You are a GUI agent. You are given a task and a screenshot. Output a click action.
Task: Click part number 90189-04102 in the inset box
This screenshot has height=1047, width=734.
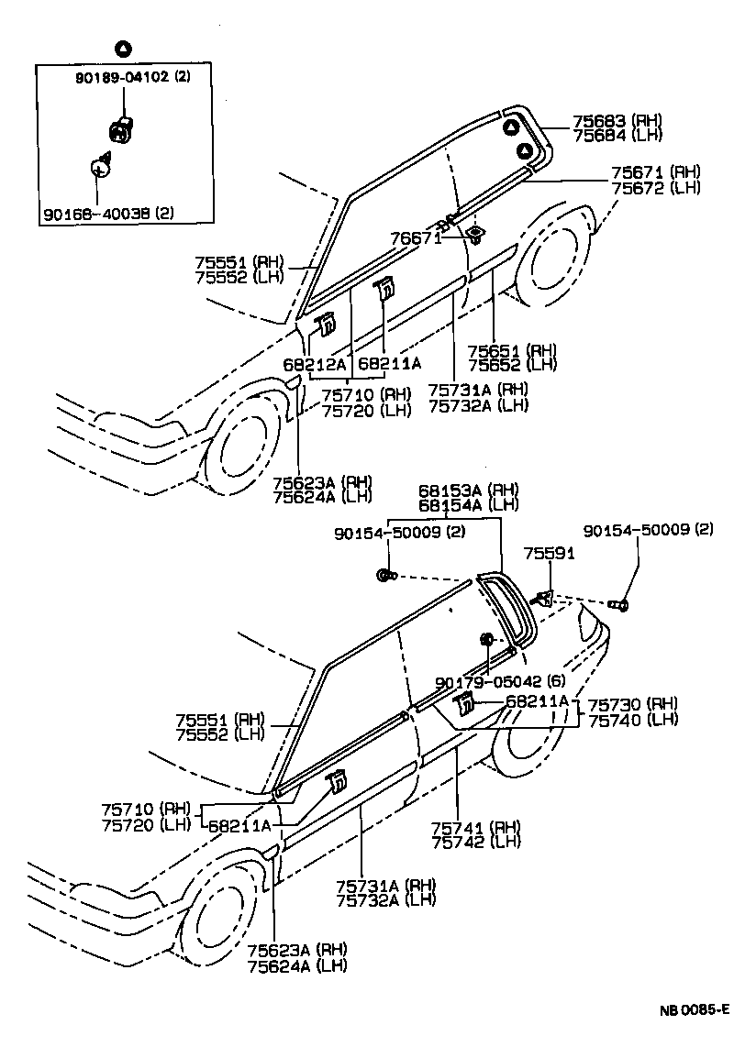point(123,78)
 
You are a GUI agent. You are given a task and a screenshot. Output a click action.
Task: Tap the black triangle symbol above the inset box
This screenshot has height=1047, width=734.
point(123,48)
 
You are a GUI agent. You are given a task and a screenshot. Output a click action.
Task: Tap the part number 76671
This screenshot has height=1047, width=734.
point(415,237)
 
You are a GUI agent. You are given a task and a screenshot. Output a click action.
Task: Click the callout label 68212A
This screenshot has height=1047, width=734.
point(313,364)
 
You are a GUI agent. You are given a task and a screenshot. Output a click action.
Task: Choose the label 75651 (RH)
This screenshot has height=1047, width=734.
point(511,350)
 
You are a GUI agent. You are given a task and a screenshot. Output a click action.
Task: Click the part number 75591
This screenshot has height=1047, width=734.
point(550,554)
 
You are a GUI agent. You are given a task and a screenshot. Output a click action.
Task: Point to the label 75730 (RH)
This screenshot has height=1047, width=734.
point(632,703)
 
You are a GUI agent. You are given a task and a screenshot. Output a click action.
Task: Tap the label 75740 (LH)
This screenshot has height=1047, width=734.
point(632,719)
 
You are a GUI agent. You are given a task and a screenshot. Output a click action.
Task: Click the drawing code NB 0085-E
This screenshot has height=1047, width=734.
point(693,1011)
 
